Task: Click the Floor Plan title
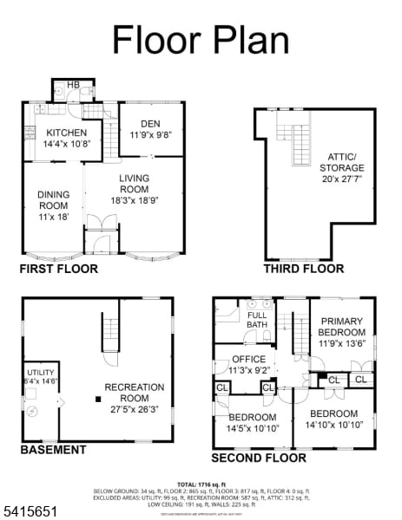point(201,39)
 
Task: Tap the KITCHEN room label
point(67,133)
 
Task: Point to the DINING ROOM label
point(53,205)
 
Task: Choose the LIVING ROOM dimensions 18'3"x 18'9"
point(134,200)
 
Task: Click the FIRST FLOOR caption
point(59,269)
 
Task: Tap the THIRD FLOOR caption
point(303,269)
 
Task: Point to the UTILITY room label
point(41,372)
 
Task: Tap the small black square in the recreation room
point(98,400)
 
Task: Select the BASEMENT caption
point(53,450)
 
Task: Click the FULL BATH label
point(257,320)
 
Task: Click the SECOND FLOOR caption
point(260,457)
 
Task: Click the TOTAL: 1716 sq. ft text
point(201,484)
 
